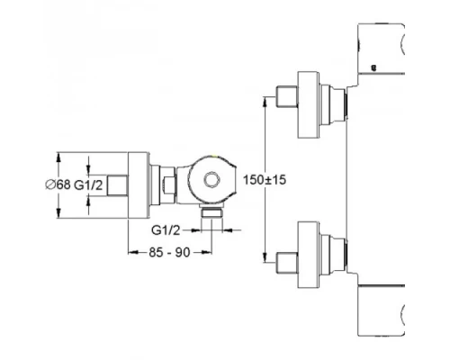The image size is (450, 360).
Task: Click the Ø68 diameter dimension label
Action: [x=58, y=184]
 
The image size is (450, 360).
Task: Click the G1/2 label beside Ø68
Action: [x=88, y=185]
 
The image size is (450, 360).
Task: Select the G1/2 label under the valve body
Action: [x=166, y=230]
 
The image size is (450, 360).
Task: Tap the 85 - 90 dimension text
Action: [x=169, y=253]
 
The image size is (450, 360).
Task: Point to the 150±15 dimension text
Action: [x=265, y=180]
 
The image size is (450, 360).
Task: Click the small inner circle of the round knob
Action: [x=212, y=180]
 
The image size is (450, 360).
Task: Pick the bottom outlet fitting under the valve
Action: [x=212, y=211]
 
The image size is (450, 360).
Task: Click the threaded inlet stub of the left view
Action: [x=118, y=185]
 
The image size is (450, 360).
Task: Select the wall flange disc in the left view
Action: [x=139, y=185]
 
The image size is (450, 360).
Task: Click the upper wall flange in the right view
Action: [x=309, y=105]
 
